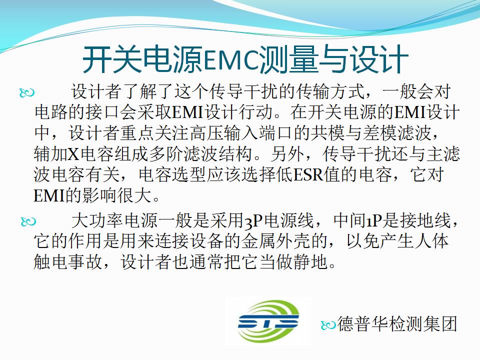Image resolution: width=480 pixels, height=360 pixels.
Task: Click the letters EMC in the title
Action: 231,60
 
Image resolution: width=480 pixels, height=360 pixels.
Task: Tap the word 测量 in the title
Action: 288,59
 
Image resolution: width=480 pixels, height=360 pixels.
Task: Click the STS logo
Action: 268,321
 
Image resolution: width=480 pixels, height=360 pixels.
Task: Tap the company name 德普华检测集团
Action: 397,324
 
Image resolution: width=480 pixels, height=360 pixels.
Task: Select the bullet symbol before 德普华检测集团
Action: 328,325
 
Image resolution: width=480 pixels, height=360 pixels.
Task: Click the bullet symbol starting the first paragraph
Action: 27,92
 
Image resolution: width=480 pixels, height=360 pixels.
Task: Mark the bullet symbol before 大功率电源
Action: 28,221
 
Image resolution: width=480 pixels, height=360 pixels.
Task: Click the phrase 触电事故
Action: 68,262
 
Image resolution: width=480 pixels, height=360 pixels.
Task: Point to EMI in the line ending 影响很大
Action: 49,196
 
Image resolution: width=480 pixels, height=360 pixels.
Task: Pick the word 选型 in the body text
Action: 190,175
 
